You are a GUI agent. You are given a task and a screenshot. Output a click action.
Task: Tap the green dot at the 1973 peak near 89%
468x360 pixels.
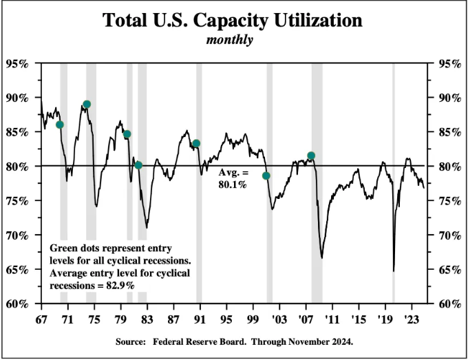(87, 105)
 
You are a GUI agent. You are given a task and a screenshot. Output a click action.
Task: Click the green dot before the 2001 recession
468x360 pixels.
(266, 176)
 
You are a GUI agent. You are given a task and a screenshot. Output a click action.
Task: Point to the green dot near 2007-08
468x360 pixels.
(311, 156)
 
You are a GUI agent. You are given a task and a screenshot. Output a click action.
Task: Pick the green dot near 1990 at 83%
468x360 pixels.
(196, 143)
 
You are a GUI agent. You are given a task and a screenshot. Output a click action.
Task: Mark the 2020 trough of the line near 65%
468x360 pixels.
(394, 271)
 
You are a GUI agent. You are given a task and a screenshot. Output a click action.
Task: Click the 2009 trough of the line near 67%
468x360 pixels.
(322, 257)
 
